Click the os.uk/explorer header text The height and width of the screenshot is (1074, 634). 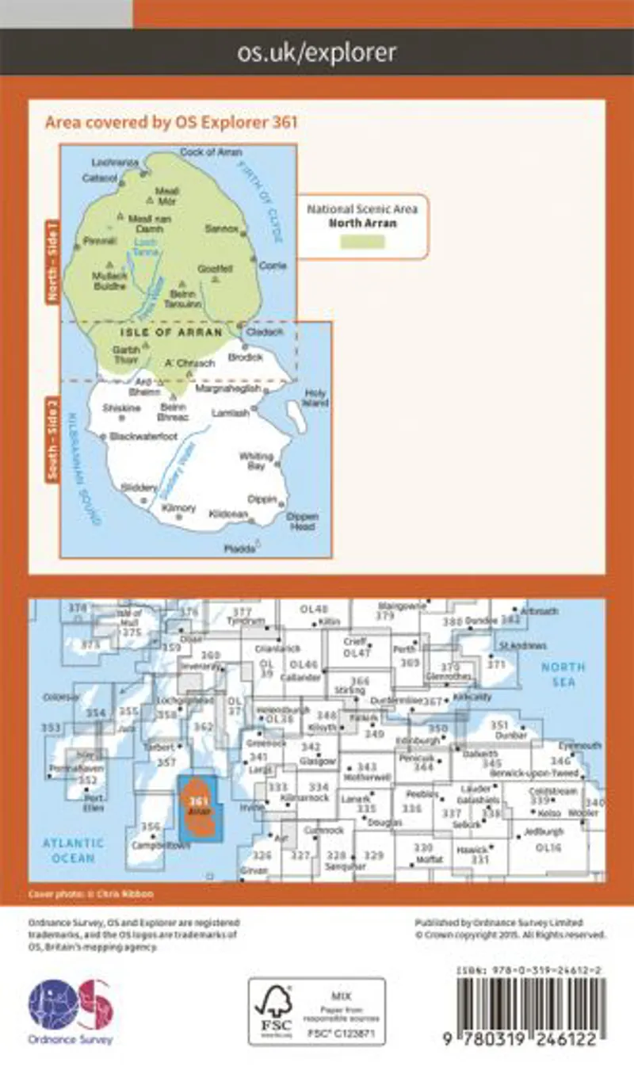click(x=317, y=53)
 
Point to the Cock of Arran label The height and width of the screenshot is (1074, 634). click(x=211, y=151)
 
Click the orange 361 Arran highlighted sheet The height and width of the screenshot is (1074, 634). click(x=199, y=808)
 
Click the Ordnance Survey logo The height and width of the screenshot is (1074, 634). click(x=71, y=1010)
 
